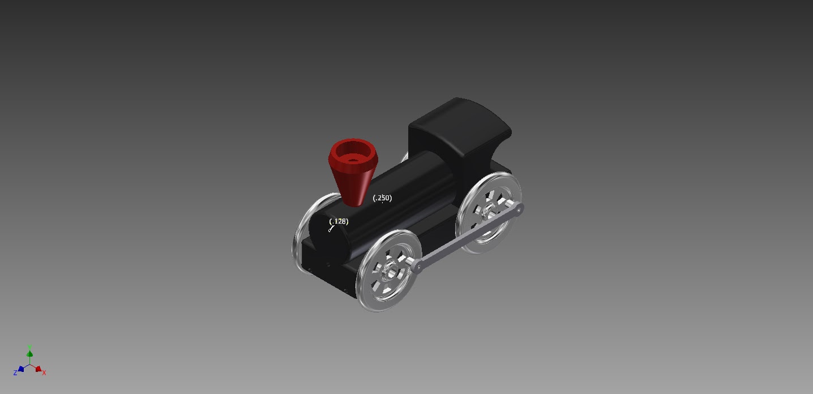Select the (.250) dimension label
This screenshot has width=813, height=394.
pyautogui.click(x=382, y=198)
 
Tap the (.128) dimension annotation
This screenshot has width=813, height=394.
pyautogui.click(x=339, y=221)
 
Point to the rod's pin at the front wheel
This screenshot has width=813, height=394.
pyautogui.click(x=418, y=267)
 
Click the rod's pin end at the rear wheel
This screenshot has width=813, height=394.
pyautogui.click(x=519, y=209)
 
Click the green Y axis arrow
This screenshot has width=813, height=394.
pyautogui.click(x=29, y=354)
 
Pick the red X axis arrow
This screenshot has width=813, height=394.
pyautogui.click(x=38, y=369)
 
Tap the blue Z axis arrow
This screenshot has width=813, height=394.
pyautogui.click(x=21, y=369)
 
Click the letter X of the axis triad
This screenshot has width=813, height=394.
pyautogui.click(x=44, y=372)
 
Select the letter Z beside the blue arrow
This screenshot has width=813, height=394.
pyautogui.click(x=15, y=373)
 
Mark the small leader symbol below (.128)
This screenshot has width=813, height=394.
pyautogui.click(x=331, y=229)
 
